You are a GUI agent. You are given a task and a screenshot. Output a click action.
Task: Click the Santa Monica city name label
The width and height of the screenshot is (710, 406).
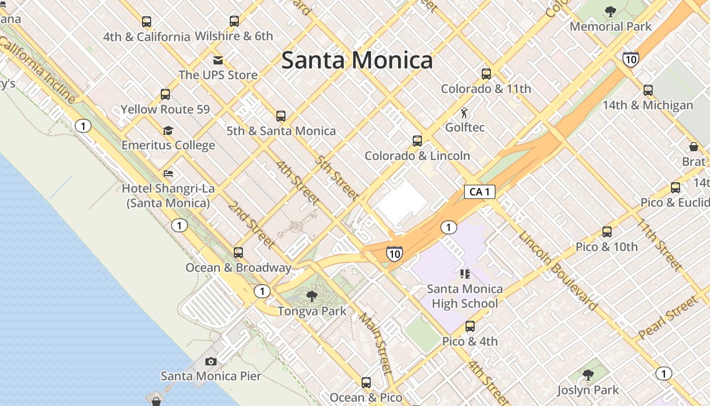click(357, 60)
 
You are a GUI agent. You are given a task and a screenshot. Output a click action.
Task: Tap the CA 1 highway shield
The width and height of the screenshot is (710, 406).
click(479, 191)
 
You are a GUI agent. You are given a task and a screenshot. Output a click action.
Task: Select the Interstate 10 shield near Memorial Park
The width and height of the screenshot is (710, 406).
click(630, 59)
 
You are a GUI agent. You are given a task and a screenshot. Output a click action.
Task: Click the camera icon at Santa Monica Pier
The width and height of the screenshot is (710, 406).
click(211, 361)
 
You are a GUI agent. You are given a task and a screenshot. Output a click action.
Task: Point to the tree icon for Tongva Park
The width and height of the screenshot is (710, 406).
click(312, 296)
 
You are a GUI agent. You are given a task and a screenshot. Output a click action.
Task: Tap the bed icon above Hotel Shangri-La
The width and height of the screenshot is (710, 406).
click(168, 174)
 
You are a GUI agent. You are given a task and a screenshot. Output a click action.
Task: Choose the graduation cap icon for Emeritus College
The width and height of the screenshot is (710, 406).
click(168, 131)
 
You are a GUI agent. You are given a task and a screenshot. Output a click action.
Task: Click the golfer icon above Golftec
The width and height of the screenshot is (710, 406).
click(464, 113)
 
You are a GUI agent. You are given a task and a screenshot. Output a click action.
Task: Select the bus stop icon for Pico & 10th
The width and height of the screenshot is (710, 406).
click(607, 232)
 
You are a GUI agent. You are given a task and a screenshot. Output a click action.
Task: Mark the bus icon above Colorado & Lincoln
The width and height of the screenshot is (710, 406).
click(417, 141)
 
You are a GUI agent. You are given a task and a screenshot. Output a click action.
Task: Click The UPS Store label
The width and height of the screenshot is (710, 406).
click(218, 75)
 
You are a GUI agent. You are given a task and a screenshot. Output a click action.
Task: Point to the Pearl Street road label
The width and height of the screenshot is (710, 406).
click(668, 318)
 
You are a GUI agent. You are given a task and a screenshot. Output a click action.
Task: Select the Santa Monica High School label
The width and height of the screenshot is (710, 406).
click(465, 296)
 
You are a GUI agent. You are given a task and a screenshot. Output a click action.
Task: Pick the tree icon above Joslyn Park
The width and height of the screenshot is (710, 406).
click(588, 375)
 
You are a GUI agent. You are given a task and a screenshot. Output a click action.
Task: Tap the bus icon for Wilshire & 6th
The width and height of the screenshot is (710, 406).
click(234, 21)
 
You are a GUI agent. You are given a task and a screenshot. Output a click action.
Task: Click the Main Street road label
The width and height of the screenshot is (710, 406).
click(376, 343)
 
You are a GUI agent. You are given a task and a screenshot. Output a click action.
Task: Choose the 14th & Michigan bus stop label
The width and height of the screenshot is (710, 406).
click(648, 105)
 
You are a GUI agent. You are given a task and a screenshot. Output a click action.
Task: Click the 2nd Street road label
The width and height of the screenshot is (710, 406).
click(251, 224)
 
